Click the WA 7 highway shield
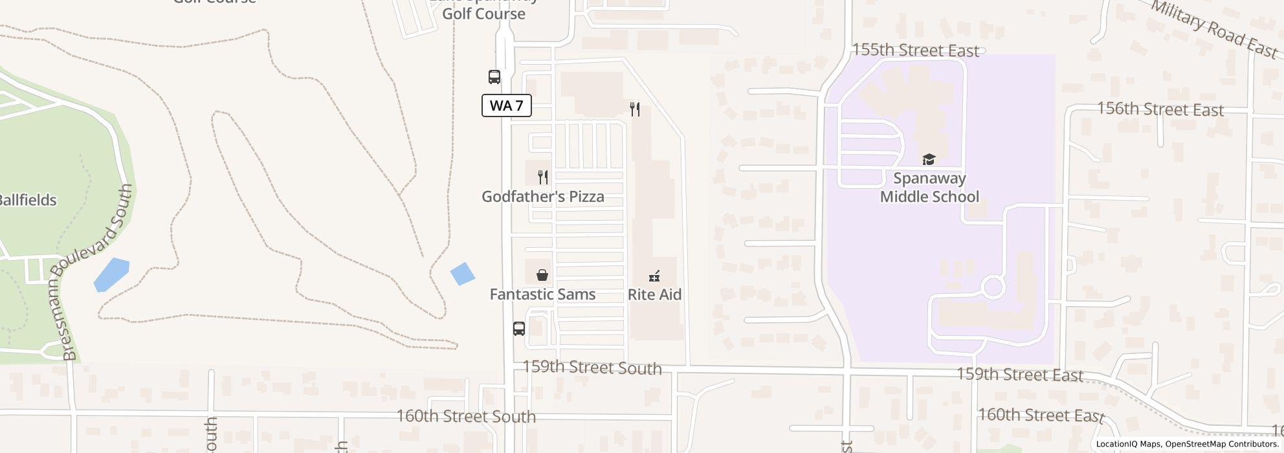[x=506, y=105]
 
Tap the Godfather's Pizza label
[x=542, y=197]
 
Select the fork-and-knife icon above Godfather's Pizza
[x=544, y=177]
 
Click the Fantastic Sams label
[x=542, y=294]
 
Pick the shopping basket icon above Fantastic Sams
[x=542, y=275]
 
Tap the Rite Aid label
[x=654, y=294]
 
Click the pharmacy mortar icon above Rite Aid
[x=654, y=276]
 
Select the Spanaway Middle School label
[x=929, y=188]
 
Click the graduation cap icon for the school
[x=929, y=159]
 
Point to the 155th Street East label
[x=915, y=50]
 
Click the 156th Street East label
[x=1160, y=109]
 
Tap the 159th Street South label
[x=592, y=368]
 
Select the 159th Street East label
[x=1019, y=375]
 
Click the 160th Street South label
[x=466, y=416]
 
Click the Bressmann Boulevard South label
[x=98, y=272]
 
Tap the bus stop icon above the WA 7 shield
[x=494, y=77]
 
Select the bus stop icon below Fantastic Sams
[x=519, y=328]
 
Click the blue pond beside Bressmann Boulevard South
[x=111, y=274]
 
